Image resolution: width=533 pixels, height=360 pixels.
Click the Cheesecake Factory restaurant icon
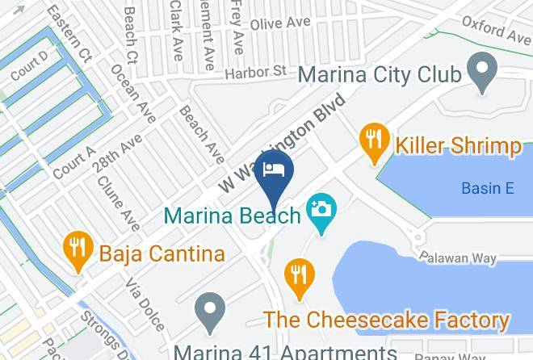[299, 273]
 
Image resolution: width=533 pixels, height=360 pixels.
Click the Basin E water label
[488, 189]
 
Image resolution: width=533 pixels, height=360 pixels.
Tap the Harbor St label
[256, 73]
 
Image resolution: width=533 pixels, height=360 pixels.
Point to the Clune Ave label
[118, 202]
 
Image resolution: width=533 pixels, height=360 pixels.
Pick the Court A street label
[73, 164]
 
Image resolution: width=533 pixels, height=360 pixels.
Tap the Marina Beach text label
[231, 216]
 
